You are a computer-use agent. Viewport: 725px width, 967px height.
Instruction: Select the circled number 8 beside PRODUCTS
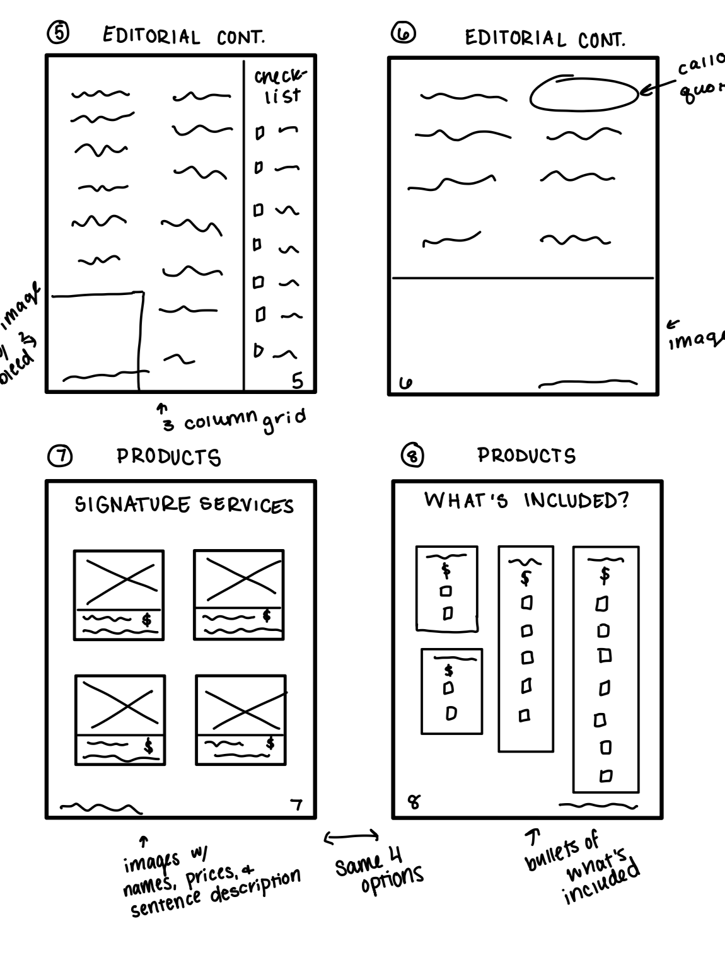pos(413,455)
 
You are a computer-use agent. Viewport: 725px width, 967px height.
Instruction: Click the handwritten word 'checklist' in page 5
pos(278,86)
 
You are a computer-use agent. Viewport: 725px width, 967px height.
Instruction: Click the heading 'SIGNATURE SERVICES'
pos(184,505)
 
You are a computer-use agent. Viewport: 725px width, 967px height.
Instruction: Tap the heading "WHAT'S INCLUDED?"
pos(526,501)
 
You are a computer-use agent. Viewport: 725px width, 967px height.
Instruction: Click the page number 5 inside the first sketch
pos(297,380)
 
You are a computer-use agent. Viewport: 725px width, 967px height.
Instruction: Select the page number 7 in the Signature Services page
pos(296,804)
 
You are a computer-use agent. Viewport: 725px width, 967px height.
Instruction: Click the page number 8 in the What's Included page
pos(414,802)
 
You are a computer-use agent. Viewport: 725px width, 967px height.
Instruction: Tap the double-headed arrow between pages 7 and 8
pos(351,837)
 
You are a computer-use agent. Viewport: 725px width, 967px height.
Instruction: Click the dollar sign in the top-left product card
pos(147,620)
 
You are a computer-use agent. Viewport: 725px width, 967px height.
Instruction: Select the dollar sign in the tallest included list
pos(605,574)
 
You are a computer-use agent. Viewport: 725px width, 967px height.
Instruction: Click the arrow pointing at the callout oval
pos(656,88)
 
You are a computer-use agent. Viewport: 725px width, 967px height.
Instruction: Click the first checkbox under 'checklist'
pos(258,134)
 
